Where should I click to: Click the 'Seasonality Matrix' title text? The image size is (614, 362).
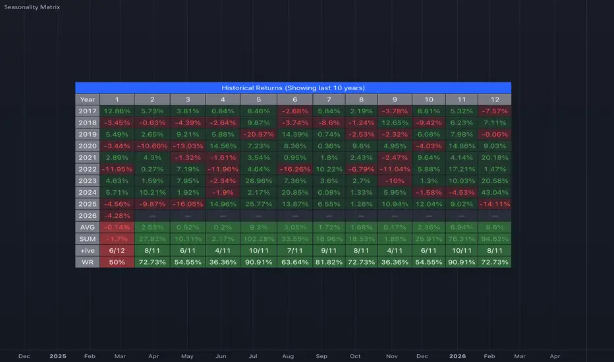31,7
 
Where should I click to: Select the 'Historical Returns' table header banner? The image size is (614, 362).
293,88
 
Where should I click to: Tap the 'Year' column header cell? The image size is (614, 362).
87,99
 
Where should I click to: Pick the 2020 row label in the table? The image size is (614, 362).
87,145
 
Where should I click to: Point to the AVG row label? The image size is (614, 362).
87,226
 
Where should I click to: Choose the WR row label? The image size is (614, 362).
87,262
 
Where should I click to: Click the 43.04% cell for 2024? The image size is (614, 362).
493,192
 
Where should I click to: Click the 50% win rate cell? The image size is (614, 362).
117,262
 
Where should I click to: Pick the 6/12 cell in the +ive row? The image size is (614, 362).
117,250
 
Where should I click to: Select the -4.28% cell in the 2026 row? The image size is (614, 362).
117,215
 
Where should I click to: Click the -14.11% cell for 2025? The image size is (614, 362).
493,203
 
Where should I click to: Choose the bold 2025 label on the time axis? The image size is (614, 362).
58,356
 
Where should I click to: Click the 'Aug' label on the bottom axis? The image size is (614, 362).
287,356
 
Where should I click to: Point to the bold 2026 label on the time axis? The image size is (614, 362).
457,356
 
